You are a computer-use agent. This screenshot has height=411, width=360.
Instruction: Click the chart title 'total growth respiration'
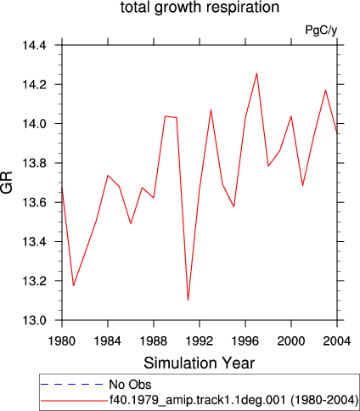click(x=200, y=8)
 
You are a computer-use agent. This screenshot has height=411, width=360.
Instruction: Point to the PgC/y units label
click(x=321, y=30)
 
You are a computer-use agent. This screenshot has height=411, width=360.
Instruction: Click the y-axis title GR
click(x=7, y=183)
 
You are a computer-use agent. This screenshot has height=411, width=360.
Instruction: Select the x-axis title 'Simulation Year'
click(x=200, y=363)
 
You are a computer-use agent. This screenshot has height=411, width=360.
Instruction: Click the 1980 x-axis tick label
click(x=62, y=341)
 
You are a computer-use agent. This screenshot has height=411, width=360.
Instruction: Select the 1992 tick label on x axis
click(x=200, y=341)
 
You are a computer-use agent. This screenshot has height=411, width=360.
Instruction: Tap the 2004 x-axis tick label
click(x=337, y=341)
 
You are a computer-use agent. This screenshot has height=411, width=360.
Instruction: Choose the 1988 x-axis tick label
click(x=154, y=341)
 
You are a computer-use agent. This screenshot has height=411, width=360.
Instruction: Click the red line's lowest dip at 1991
click(x=188, y=300)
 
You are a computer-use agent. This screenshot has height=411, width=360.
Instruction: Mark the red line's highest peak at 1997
click(x=256, y=73)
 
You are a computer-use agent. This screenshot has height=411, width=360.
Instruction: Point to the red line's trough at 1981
click(x=73, y=285)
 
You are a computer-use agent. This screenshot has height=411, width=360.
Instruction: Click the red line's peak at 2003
click(x=325, y=90)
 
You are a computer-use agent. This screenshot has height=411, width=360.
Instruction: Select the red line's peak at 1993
click(x=211, y=110)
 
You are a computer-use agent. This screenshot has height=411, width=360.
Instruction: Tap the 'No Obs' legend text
click(x=130, y=385)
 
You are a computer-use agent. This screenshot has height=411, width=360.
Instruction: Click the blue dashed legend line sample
click(x=72, y=384)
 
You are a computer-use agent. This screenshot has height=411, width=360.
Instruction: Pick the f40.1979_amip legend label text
click(x=233, y=400)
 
